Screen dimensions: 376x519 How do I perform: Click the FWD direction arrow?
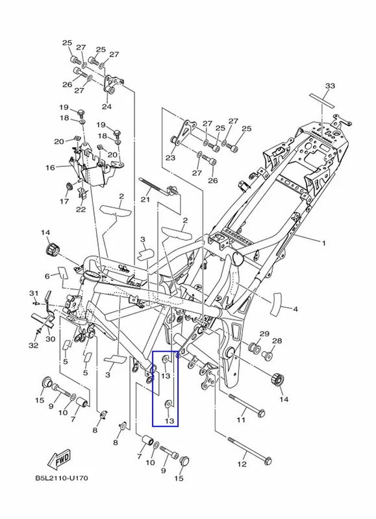pos(59,459)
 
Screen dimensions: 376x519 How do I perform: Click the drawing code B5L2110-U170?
pos(62,478)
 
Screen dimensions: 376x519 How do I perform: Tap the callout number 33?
pos(330,86)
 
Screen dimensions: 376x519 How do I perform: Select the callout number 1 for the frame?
pos(323,243)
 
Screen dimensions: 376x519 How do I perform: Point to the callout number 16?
pos(50,168)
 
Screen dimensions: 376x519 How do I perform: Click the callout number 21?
pos(145,200)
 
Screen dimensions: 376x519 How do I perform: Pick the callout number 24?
pos(107,106)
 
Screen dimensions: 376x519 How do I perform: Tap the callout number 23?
pos(170,158)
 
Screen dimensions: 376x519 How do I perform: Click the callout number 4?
pos(295,309)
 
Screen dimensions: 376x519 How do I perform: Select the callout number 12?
pos(242,464)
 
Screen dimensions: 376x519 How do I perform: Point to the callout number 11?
pos(241,420)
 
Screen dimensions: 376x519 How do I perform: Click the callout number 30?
pos(51,339)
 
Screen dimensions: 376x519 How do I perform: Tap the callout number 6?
pos(47,276)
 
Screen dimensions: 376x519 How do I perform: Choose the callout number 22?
pos(81,209)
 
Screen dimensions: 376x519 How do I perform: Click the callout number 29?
pos(264,333)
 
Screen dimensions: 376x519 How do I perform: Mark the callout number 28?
pos(277,341)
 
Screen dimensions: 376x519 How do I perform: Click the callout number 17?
pos(64,201)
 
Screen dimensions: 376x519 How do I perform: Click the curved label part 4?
pos(276,304)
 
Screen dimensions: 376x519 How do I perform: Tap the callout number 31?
pos(34,293)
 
